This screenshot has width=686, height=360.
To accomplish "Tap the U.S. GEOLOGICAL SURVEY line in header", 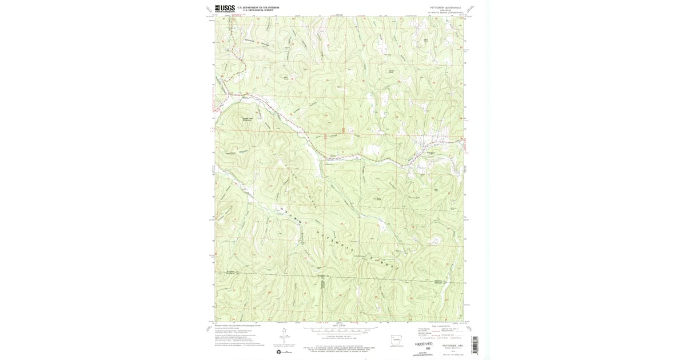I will point(258,10).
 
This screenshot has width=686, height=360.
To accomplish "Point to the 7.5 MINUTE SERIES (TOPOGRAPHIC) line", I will point(444,12).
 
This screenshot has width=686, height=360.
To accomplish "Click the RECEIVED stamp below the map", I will point(424,344).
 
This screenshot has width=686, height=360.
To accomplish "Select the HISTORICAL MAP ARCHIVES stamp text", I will point(424,354).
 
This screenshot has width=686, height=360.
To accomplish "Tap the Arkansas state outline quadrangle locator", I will point(396,339).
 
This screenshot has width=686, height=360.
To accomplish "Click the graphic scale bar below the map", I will point(340,330).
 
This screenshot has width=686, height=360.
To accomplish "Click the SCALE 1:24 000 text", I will point(340,326).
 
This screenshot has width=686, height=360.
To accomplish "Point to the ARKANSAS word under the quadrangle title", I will point(444,10).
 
